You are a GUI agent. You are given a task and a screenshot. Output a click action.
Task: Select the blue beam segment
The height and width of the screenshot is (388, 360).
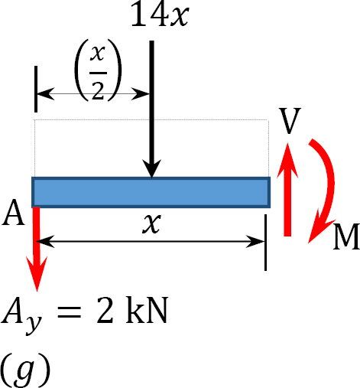[x=151, y=192]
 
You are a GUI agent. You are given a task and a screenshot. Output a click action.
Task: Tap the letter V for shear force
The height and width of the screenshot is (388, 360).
[x=290, y=121]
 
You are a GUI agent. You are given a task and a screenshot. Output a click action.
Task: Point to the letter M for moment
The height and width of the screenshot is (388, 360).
[x=346, y=236]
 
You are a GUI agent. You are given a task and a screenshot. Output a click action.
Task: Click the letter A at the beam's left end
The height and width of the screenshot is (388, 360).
[x=13, y=213]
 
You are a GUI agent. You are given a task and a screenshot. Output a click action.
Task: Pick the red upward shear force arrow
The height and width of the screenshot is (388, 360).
[x=287, y=190]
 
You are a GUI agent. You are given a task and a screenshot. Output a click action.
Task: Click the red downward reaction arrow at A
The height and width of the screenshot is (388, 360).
[x=37, y=249]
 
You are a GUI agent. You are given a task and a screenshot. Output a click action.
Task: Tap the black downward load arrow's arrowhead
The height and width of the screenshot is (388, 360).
[x=152, y=168]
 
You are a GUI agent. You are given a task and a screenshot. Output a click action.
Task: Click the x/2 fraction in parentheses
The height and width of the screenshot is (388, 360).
[x=98, y=70]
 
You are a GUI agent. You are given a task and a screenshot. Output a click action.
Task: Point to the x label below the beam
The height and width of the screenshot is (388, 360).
[x=151, y=223]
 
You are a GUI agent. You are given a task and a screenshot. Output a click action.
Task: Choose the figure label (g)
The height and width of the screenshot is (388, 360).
[x=25, y=370]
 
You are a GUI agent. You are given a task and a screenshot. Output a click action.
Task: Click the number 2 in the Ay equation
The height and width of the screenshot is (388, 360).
[x=105, y=311]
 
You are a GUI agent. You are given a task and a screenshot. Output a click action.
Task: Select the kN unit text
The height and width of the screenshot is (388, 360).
[x=147, y=310]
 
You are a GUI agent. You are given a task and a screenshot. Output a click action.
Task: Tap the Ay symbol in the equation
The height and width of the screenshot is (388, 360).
[x=21, y=315]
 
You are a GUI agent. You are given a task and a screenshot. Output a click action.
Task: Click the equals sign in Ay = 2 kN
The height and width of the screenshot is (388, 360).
[x=70, y=312]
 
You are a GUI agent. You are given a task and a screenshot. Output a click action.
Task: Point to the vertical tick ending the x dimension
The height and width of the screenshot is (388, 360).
[x=265, y=243]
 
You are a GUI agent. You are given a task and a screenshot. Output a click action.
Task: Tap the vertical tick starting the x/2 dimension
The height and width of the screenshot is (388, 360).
[x=36, y=89]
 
